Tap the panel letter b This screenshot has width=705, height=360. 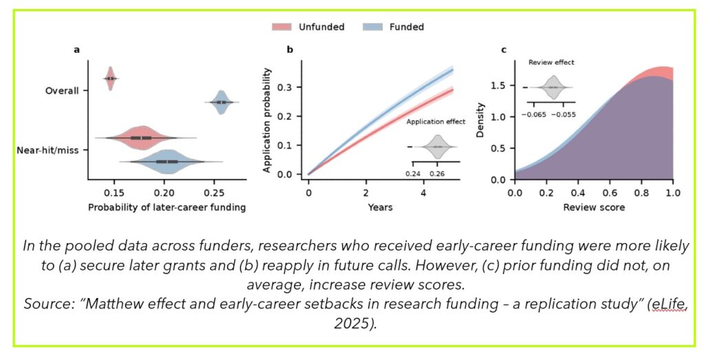click(290, 50)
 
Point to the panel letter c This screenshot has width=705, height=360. click(504, 50)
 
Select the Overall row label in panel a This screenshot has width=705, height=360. click(62, 90)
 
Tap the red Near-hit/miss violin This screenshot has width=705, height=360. click(141, 138)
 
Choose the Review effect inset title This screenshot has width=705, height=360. click(551, 63)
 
